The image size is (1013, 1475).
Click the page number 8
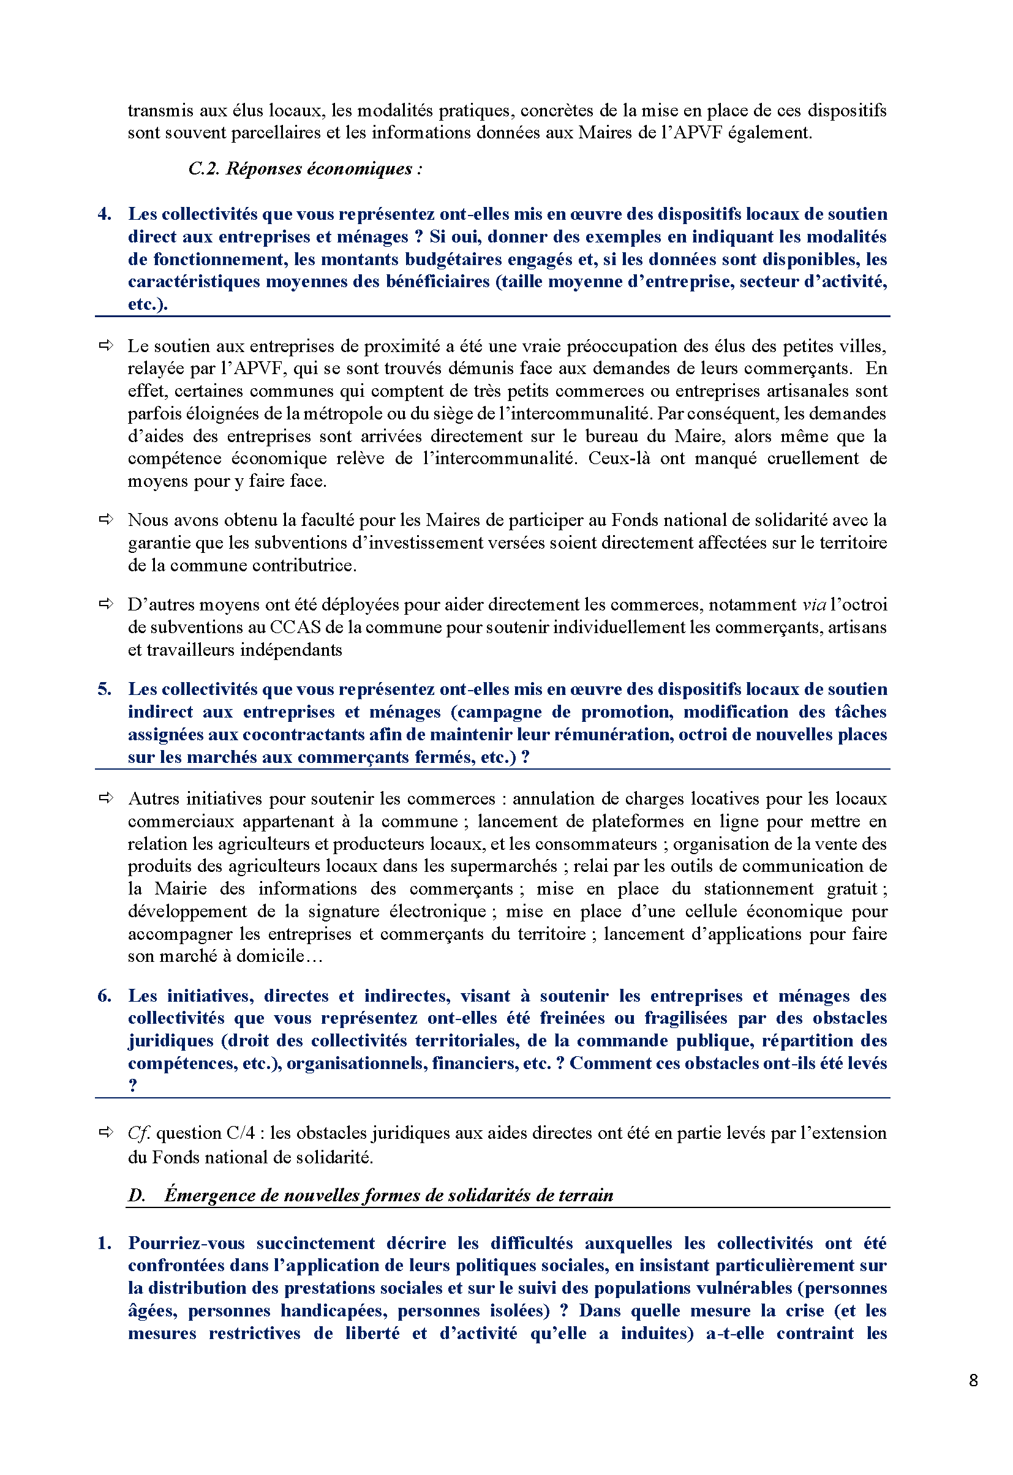pos(973,1381)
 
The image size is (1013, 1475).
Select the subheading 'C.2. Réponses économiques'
pos(304,169)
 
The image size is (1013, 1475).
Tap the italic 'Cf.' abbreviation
pos(139,1133)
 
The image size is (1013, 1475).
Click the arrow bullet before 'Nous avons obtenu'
pos(106,519)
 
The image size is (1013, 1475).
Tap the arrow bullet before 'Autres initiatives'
pos(106,798)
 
